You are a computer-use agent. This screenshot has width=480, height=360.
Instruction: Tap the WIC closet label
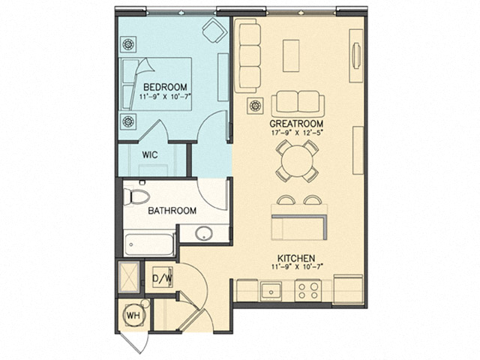click(149, 155)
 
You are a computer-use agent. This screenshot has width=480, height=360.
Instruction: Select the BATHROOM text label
click(172, 211)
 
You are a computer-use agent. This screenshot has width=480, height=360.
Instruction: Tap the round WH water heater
click(133, 315)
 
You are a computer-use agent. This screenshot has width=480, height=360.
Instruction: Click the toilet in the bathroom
click(137, 196)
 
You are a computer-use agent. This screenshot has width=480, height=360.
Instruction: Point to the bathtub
click(149, 244)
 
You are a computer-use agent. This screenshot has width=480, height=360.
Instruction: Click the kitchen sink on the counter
click(271, 289)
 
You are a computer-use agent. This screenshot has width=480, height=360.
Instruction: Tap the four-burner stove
click(306, 289)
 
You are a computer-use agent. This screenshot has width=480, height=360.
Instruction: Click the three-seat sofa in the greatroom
click(247, 55)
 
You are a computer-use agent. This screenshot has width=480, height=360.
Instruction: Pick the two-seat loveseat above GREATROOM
click(298, 102)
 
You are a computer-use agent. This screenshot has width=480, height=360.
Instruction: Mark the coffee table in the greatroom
click(291, 54)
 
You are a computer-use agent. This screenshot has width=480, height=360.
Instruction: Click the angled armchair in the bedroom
click(214, 32)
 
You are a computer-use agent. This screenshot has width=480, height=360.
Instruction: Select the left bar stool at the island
click(286, 200)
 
